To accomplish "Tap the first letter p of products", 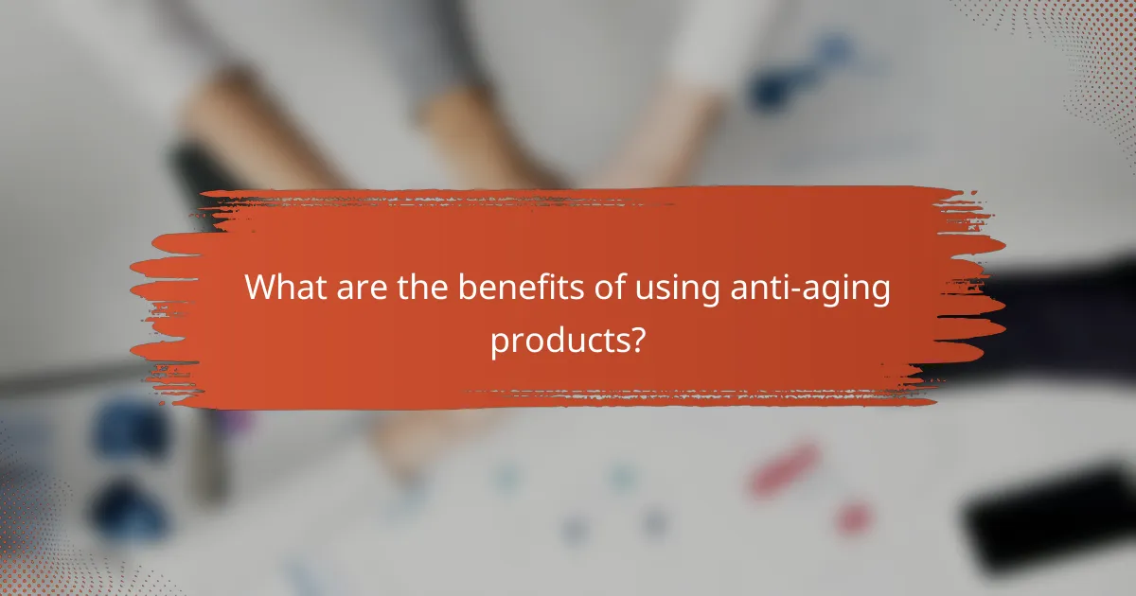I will pyautogui.click(x=498, y=343).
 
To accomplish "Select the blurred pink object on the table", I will pyautogui.click(x=785, y=469).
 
